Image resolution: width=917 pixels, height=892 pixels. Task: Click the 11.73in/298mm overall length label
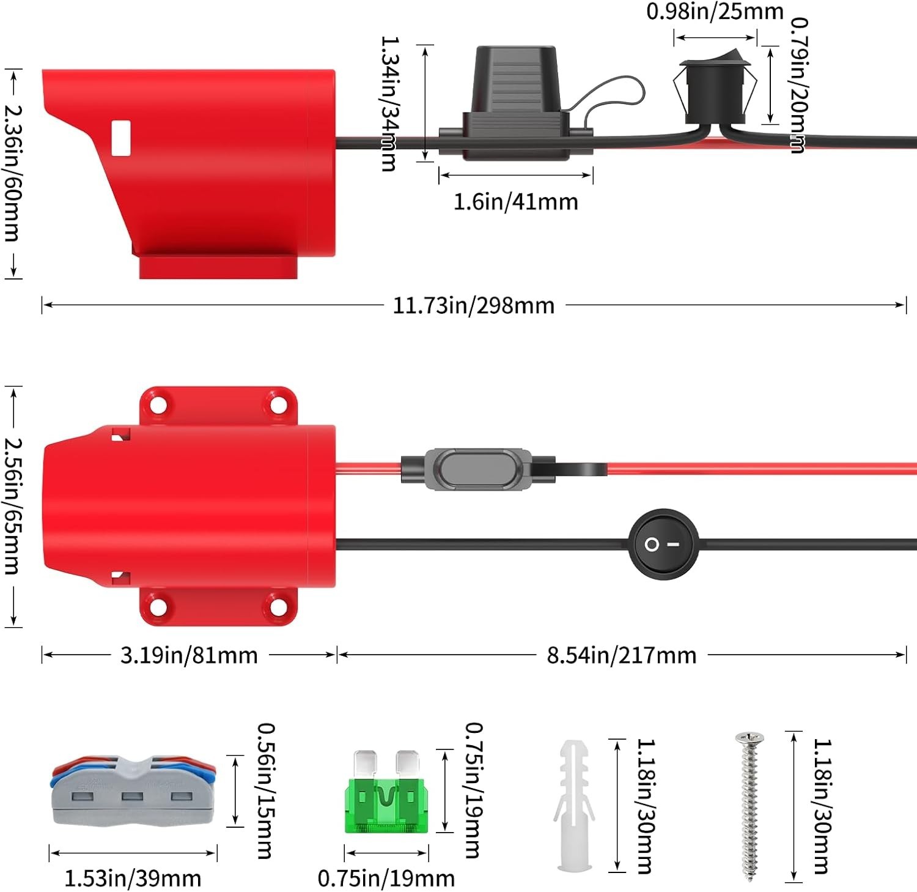coord(473,305)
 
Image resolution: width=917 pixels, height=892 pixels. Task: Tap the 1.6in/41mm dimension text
coord(515,201)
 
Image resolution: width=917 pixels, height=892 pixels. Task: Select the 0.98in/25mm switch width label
coord(715,11)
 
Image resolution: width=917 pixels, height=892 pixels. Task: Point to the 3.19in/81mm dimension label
coord(189,655)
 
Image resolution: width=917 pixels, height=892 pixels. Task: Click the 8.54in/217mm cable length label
coord(622,655)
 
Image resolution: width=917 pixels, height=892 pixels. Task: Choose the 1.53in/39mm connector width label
coord(133,879)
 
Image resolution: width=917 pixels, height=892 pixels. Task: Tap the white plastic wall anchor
coord(574,805)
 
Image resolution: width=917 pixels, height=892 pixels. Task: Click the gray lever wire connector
coord(133,790)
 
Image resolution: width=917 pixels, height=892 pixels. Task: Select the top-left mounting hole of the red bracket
coord(159,404)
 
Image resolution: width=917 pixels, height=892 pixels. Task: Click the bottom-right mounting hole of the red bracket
coord(278,607)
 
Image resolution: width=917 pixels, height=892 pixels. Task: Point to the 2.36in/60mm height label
coord(13,173)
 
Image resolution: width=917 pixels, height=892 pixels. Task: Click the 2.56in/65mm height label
coord(13,506)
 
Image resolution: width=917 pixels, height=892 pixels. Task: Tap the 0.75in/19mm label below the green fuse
coord(386,879)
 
